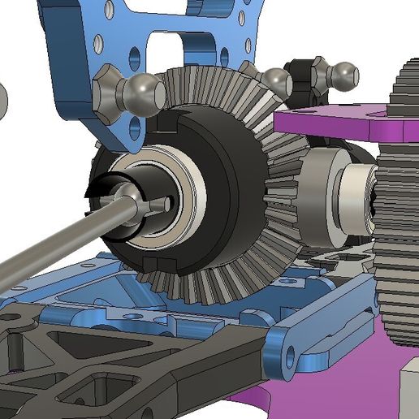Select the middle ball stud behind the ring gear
277,81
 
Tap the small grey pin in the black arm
15,349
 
